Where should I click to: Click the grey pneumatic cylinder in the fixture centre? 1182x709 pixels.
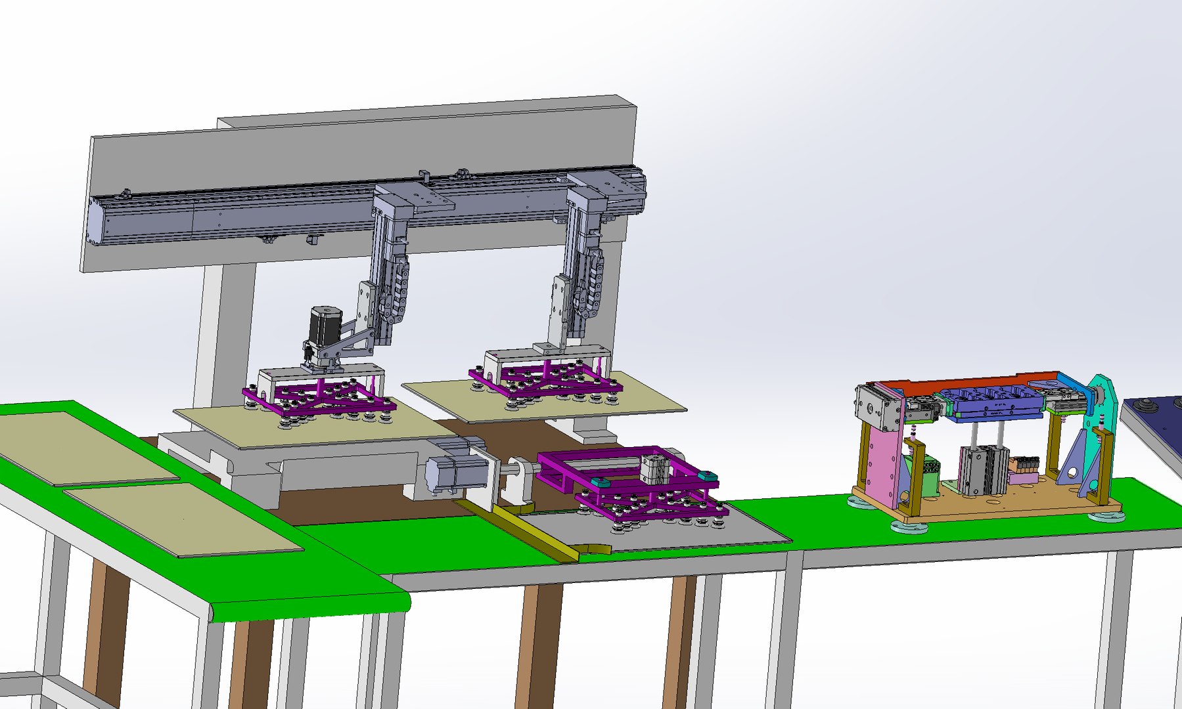pyautogui.click(x=982, y=469)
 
